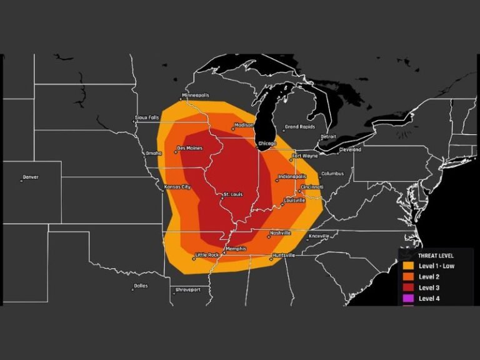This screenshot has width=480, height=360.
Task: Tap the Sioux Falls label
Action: point(147,117)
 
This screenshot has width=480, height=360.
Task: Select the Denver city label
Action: point(30,177)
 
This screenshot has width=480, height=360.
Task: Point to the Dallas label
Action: point(141,287)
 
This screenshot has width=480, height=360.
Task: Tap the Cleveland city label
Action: point(350,150)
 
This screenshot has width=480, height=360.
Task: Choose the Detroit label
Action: point(328,136)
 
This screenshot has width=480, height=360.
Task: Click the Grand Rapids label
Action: point(299,127)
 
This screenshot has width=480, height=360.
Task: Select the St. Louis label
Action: point(234,195)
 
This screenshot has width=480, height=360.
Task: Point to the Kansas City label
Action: point(177,187)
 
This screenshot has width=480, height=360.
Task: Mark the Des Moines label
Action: point(189,148)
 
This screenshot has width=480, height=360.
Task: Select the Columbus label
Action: point(332,174)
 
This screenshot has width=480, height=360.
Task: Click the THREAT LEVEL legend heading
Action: point(436,256)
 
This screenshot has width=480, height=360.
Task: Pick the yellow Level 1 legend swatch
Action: point(407,266)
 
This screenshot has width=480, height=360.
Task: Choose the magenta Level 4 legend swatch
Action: point(407,298)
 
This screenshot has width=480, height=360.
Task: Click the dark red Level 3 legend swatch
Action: point(407,287)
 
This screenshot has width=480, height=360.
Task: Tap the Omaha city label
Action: point(154,153)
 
